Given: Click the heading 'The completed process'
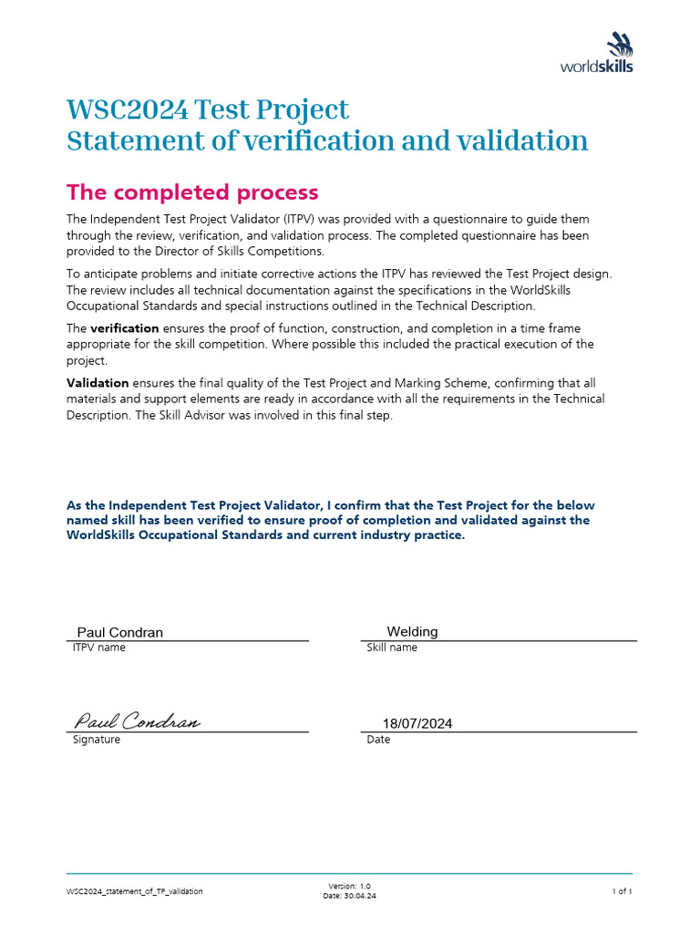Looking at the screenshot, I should click(192, 192).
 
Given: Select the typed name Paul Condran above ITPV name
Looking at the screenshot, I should click(119, 632).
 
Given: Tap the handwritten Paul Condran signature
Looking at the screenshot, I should click(137, 721).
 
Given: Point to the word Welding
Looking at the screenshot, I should click(412, 631).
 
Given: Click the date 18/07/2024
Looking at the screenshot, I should click(417, 723).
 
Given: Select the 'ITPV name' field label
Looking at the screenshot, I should click(99, 648).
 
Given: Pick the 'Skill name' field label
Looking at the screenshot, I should click(392, 648).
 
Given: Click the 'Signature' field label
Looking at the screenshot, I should click(97, 740).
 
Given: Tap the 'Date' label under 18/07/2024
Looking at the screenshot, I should click(378, 740).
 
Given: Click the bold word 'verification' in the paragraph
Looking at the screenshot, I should click(125, 328).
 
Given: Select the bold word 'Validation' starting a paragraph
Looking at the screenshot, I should click(98, 383).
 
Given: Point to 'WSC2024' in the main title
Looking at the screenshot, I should click(128, 110).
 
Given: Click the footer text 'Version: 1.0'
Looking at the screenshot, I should click(349, 886).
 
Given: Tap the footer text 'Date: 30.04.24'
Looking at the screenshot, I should click(349, 896).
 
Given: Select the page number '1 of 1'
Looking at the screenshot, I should click(622, 891).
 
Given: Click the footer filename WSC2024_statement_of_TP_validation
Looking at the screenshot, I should click(135, 891).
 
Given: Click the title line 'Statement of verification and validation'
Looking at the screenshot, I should click(327, 141).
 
